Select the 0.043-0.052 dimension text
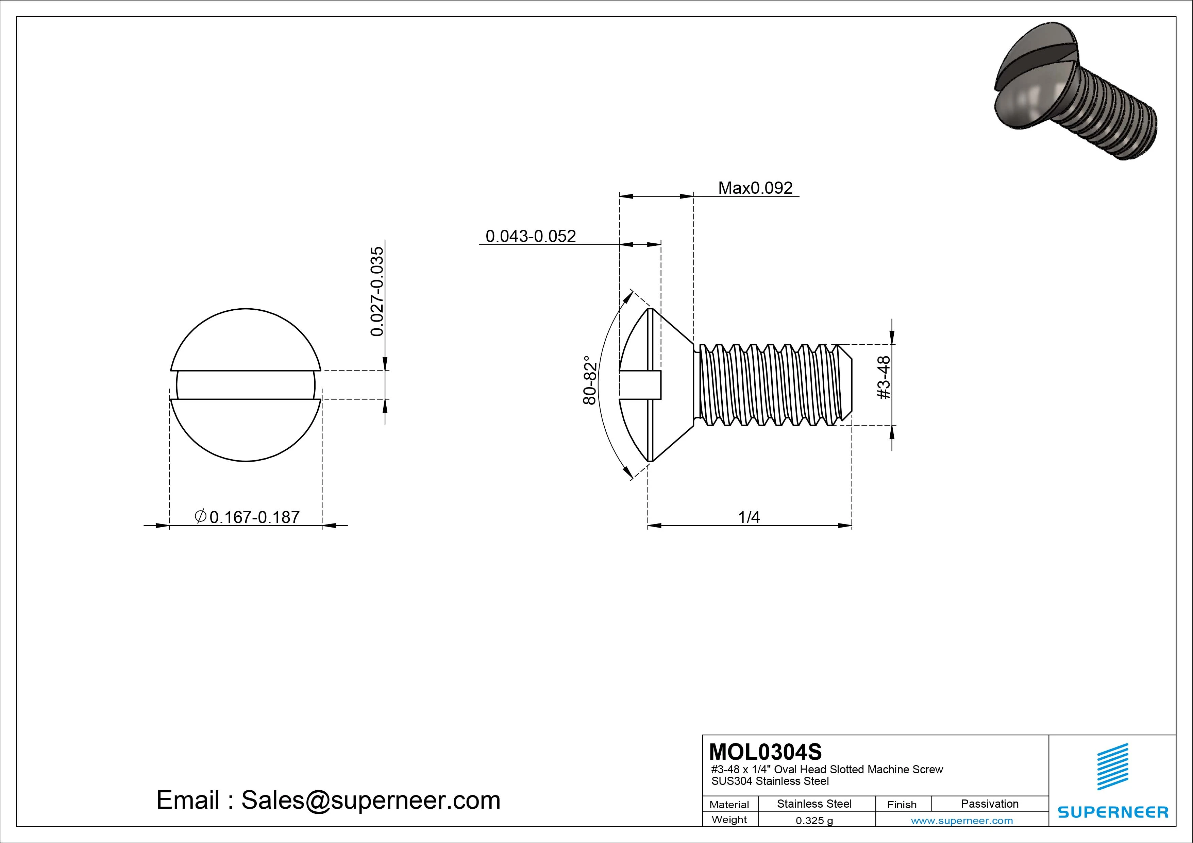click(x=531, y=236)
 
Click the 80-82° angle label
click(x=590, y=380)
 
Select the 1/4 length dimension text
click(x=749, y=517)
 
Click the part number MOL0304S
click(x=766, y=752)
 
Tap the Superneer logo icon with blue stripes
click(x=1112, y=767)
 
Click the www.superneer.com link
click(x=962, y=821)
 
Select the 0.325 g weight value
click(x=814, y=821)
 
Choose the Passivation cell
click(x=989, y=804)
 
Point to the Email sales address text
click(x=329, y=801)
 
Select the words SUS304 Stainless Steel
click(x=770, y=781)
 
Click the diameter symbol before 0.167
click(x=201, y=516)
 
